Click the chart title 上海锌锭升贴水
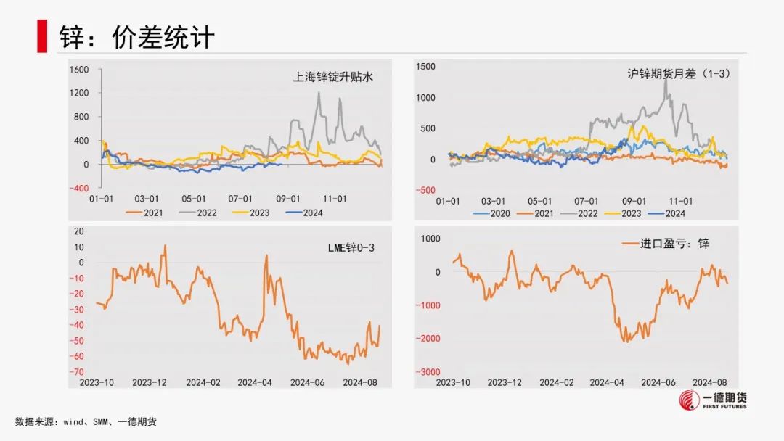(x=331, y=76)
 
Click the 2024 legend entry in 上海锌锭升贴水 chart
(x=304, y=213)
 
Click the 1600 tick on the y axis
(x=79, y=70)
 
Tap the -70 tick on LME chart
(x=76, y=372)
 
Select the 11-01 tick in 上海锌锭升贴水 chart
(x=334, y=198)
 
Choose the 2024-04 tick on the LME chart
(x=254, y=382)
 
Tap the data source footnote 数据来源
(x=86, y=421)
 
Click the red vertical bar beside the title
(x=42, y=36)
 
